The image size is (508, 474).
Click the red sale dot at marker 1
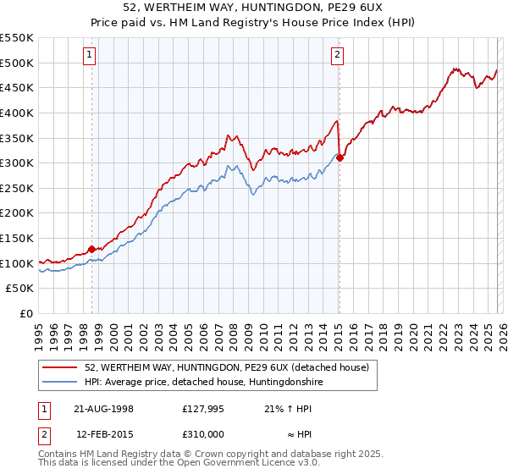pyautogui.click(x=92, y=249)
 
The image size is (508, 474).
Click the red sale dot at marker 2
pyautogui.click(x=339, y=157)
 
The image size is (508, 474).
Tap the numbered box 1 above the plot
pyautogui.click(x=90, y=56)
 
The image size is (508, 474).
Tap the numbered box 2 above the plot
pyautogui.click(x=337, y=56)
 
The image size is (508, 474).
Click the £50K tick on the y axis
pyautogui.click(x=20, y=289)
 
